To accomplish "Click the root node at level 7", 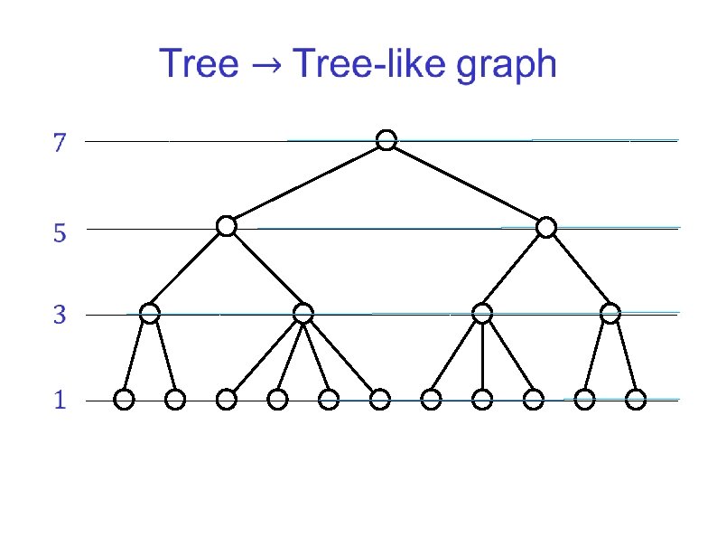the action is click(386, 140).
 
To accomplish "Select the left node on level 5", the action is click(227, 226).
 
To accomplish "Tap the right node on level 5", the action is click(545, 228).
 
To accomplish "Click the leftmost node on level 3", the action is click(150, 314).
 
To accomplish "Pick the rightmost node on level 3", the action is click(610, 314).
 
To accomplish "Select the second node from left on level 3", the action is click(303, 314).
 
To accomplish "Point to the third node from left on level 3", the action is click(482, 314).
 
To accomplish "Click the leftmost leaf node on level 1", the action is click(125, 399).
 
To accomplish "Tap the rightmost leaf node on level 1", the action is click(637, 399).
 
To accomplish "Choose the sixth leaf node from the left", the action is click(380, 399).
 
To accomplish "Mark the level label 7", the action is click(60, 143).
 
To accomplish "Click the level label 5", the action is click(60, 234).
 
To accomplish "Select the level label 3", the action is click(60, 316).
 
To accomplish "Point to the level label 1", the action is click(60, 401).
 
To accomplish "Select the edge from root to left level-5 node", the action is click(307, 183).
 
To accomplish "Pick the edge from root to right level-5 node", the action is click(466, 184).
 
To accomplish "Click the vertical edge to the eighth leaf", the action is click(482, 356).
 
